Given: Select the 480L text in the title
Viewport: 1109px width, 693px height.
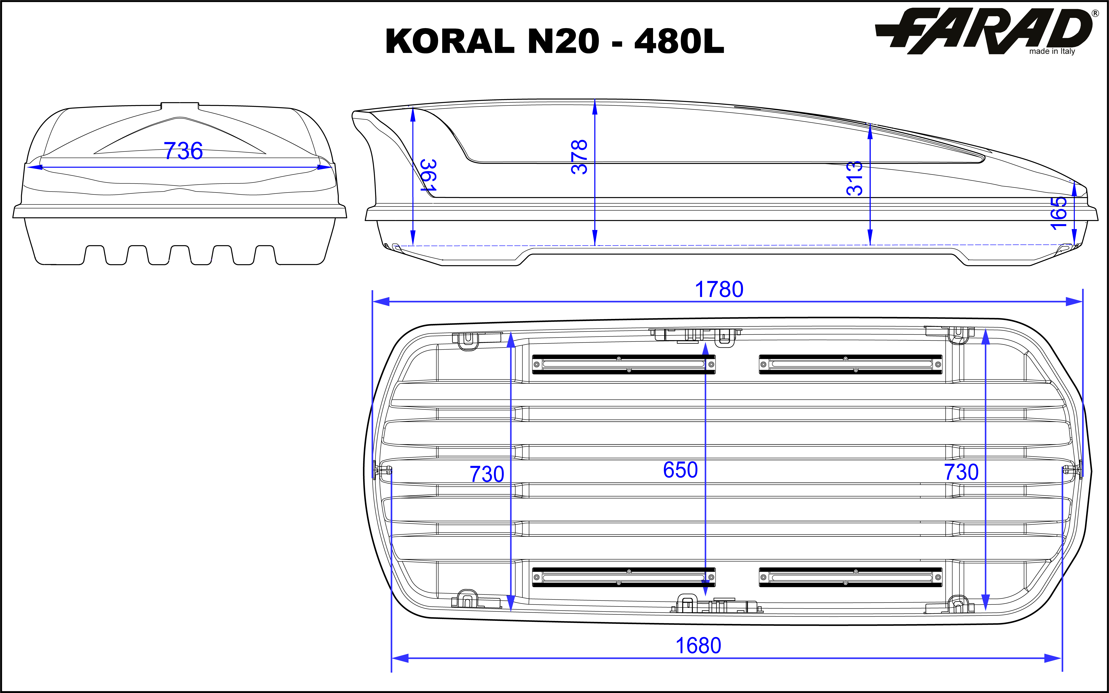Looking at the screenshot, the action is coord(679,41).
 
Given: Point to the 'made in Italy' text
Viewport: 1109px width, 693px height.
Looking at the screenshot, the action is coord(1052,51).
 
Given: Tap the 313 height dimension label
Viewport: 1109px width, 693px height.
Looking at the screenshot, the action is coord(854,178).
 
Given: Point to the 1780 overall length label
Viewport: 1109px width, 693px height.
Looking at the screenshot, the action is coord(719,289).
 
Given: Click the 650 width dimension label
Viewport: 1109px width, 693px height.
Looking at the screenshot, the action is coord(680,470).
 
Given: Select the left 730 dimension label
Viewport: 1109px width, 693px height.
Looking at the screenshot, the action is coord(487,474).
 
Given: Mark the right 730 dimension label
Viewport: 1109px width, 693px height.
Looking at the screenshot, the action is coord(961,472).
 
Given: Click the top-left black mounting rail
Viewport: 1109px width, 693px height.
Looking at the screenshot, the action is coord(624,364).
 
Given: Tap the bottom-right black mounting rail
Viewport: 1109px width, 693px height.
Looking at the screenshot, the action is coord(850,577).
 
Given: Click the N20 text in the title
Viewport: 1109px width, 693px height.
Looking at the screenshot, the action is coord(563,41).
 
